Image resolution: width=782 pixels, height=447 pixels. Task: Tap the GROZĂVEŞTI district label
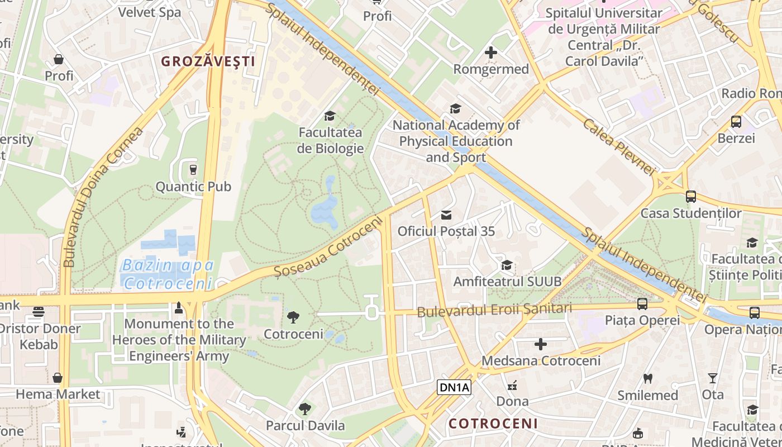point(208,61)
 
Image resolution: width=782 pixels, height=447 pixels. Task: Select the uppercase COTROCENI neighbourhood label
point(493,424)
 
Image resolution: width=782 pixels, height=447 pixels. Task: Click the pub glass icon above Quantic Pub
point(193,169)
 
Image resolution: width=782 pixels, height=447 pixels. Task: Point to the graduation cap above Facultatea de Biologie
point(330,116)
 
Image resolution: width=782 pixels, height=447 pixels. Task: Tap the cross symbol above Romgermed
point(491,53)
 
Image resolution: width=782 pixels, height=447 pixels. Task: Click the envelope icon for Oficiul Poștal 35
point(446,215)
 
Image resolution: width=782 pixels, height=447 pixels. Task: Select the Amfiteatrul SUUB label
point(507,281)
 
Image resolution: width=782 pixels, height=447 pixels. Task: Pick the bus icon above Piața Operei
point(642,304)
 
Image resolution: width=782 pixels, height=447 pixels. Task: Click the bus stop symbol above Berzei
point(736,122)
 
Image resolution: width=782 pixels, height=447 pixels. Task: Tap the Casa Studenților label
point(690,213)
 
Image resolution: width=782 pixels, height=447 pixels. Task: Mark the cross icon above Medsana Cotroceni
point(541,344)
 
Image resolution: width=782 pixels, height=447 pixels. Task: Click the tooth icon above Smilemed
point(648,379)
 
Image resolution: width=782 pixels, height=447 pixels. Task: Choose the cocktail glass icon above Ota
point(712,378)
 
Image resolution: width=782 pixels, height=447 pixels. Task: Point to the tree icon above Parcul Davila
point(305,409)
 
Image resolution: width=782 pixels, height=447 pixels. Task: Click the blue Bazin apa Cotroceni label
point(168,274)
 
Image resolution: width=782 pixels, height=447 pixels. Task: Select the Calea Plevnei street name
point(618,146)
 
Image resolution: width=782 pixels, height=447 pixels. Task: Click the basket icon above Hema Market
point(58,378)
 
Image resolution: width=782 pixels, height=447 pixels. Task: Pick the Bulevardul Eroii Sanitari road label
point(494,309)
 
